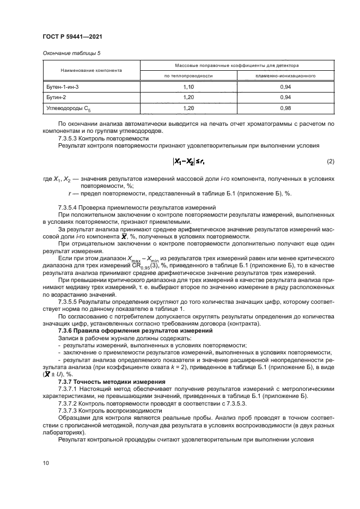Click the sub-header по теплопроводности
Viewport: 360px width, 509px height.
pyautogui.click(x=188, y=76)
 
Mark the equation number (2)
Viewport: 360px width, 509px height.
pyautogui.click(x=330, y=162)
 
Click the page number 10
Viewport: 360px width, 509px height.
pyautogui.click(x=45, y=463)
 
